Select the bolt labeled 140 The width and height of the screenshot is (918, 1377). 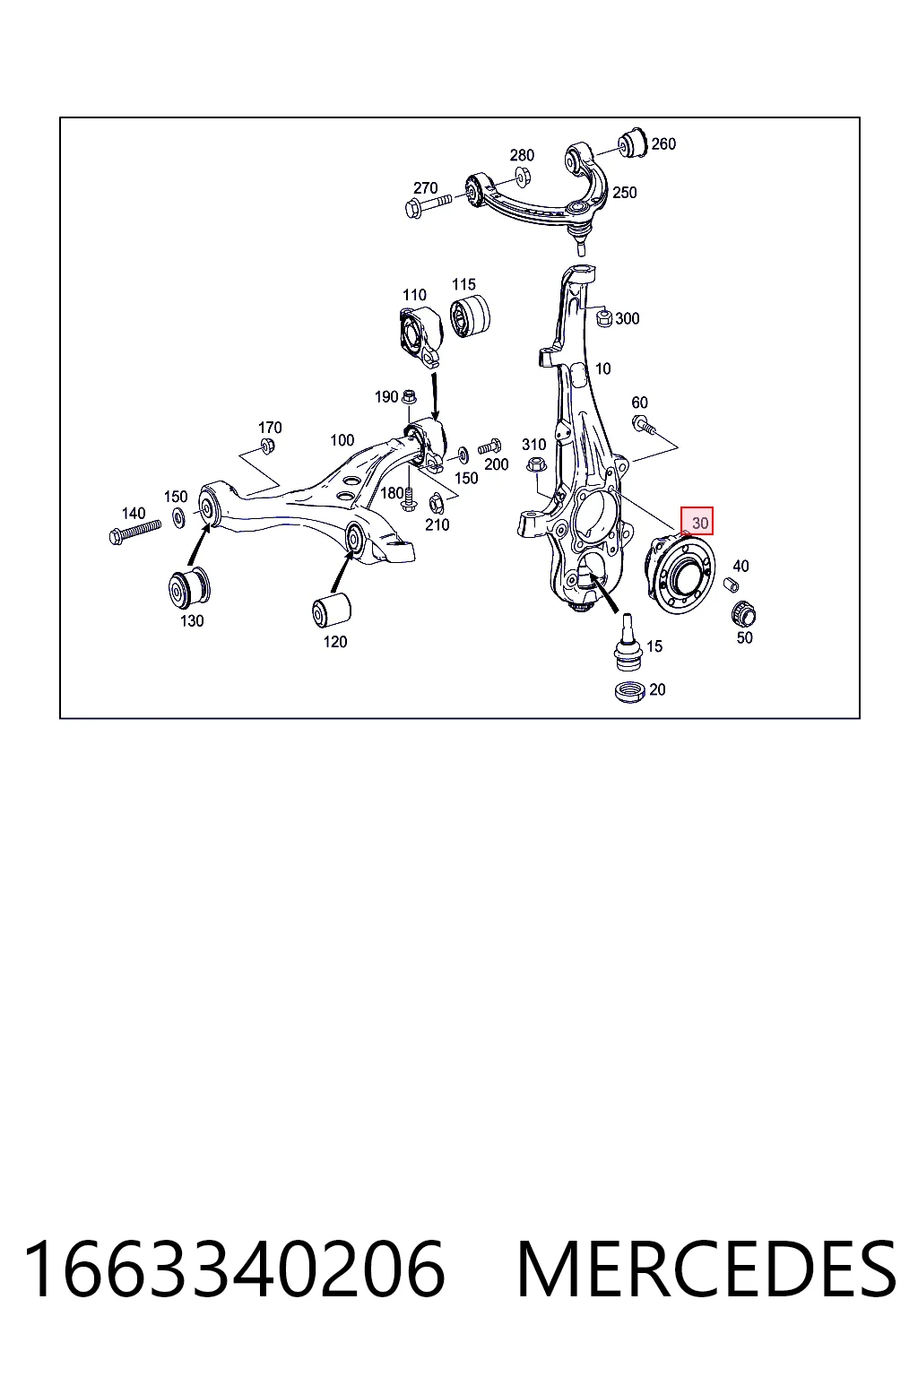coord(134,531)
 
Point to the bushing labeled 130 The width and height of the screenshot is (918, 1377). coord(188,588)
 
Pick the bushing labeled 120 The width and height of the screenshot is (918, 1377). coord(332,610)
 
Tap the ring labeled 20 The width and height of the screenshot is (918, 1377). coord(629,691)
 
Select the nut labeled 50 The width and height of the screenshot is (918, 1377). coord(743,615)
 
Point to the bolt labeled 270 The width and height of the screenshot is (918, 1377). coord(428,205)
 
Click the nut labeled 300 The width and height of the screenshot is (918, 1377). coord(604,318)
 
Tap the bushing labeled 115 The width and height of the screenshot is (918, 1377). coord(471,316)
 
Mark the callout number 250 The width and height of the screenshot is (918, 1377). coord(624,193)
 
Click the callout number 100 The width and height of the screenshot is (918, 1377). coord(342,440)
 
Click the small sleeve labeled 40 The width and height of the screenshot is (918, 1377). coord(731,584)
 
